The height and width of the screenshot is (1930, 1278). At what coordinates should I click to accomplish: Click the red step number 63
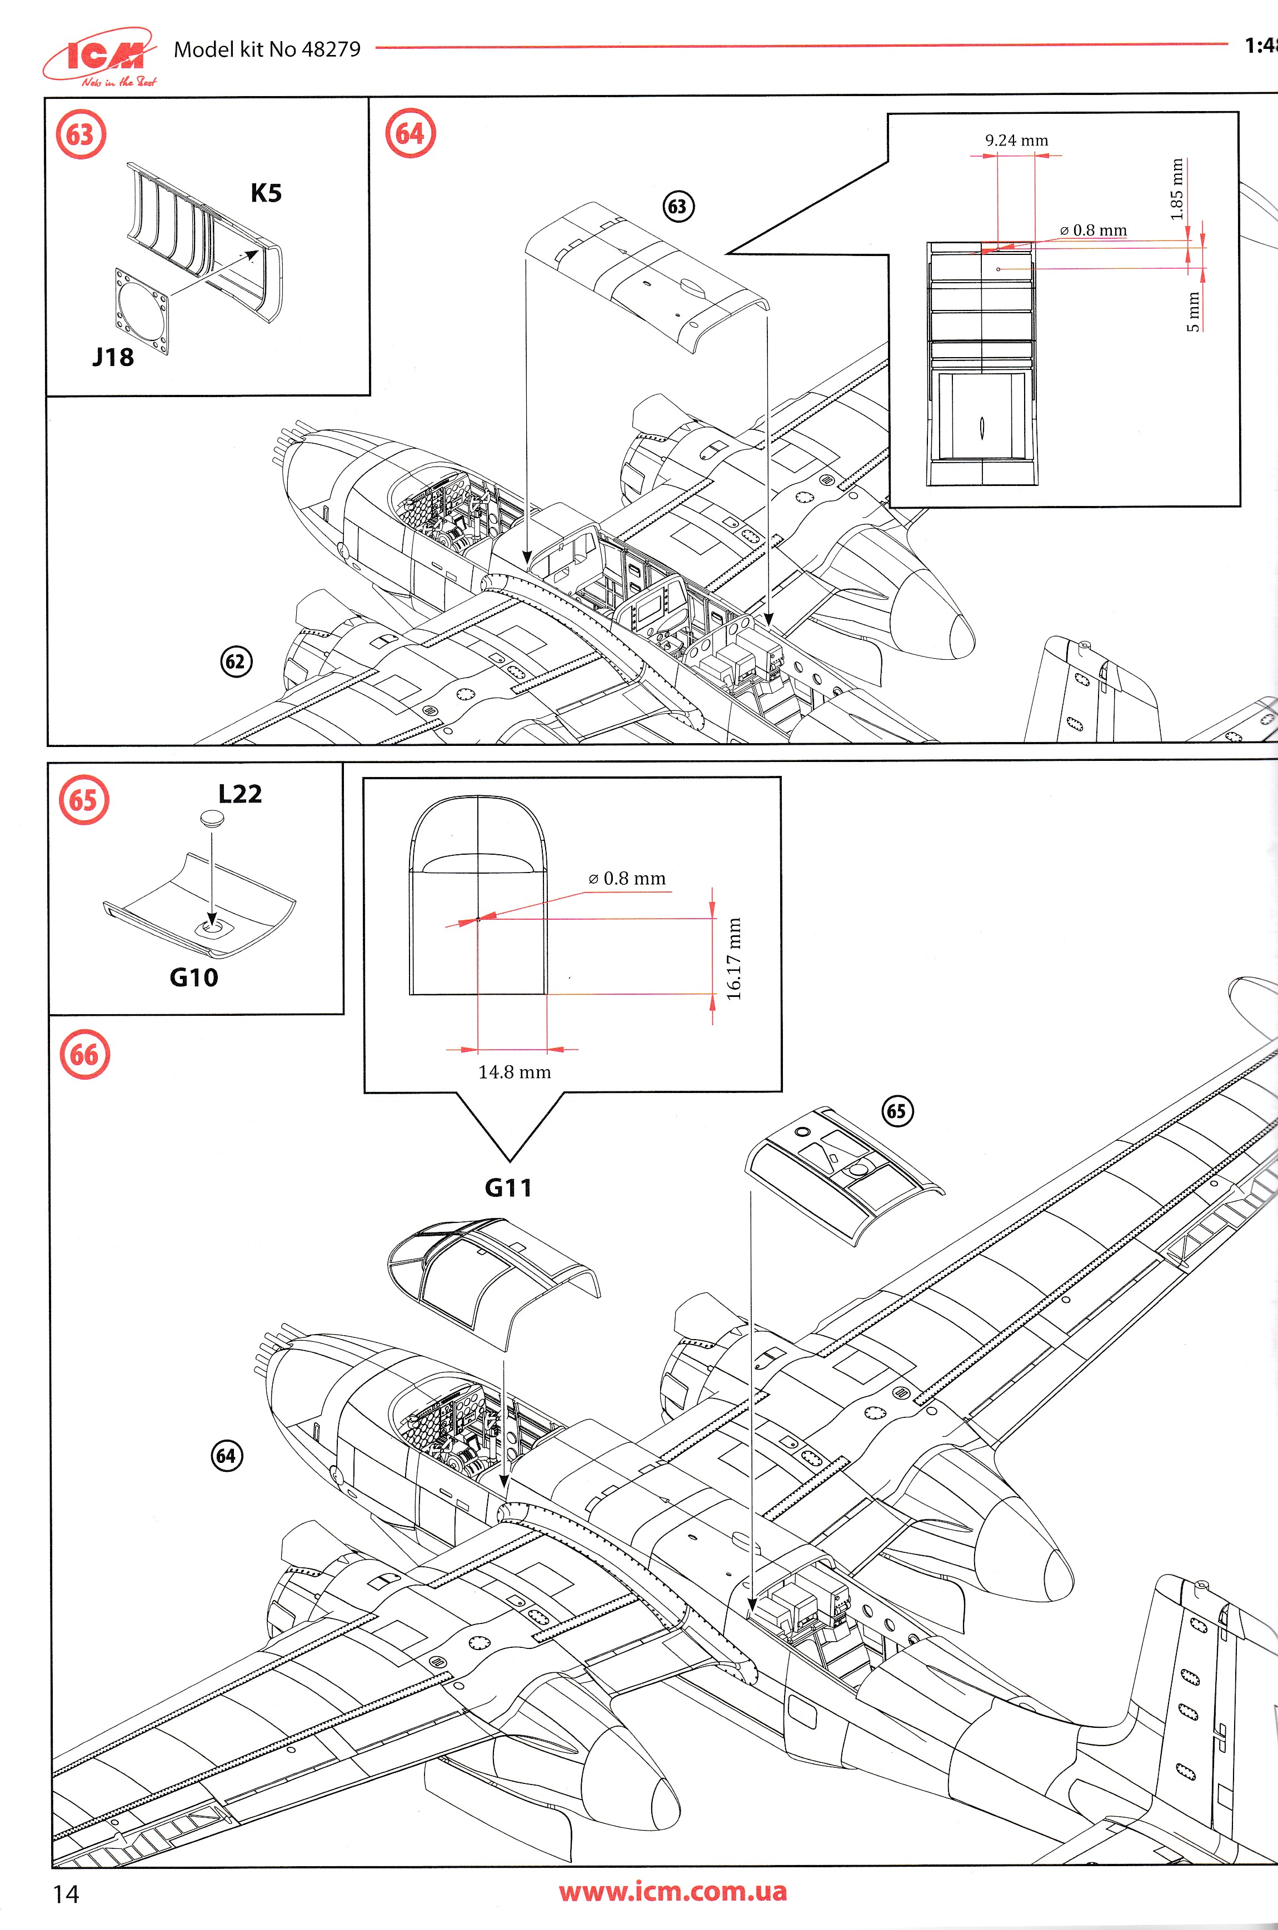(x=81, y=134)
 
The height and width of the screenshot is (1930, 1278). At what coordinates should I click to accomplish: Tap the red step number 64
(x=410, y=134)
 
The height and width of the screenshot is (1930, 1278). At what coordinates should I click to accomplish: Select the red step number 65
(x=83, y=800)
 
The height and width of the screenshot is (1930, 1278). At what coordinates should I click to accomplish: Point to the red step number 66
(x=84, y=1055)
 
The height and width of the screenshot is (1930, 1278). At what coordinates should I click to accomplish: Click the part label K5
(x=266, y=193)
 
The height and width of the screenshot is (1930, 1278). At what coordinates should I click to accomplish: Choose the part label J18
(x=112, y=357)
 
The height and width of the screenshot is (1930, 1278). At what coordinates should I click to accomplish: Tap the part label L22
(x=239, y=794)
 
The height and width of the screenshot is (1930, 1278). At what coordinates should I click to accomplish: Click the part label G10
(x=193, y=977)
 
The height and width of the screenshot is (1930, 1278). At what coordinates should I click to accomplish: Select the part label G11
(x=508, y=1188)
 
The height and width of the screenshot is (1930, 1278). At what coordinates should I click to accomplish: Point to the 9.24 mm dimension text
(x=1016, y=140)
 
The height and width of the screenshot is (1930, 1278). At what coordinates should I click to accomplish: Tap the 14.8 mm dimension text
(x=515, y=1072)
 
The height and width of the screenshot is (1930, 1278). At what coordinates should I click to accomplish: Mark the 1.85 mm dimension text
(x=1176, y=189)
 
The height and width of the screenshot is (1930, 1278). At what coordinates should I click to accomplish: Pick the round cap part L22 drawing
(x=212, y=818)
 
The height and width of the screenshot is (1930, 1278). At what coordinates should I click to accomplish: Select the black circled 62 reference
(x=236, y=661)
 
